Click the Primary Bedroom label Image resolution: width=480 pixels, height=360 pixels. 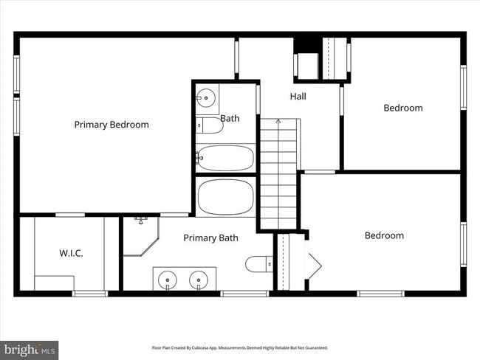click(x=112, y=125)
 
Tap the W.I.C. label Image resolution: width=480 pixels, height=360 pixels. click(x=71, y=253)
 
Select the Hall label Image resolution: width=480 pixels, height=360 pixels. click(x=298, y=97)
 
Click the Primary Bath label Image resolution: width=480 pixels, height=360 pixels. click(x=210, y=238)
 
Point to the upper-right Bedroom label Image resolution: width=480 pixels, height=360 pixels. click(x=403, y=108)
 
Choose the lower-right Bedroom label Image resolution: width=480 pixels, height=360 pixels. click(x=384, y=235)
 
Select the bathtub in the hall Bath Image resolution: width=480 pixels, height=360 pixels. click(x=225, y=157)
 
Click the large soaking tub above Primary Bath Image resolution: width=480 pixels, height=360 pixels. click(x=225, y=197)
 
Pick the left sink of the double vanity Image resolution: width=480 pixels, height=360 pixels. click(x=168, y=280)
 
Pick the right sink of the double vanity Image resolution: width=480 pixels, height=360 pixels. click(x=199, y=280)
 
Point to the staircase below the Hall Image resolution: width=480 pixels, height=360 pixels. click(x=278, y=173)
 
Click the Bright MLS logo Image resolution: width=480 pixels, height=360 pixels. click(x=30, y=349)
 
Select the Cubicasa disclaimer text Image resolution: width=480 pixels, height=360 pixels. click(x=239, y=347)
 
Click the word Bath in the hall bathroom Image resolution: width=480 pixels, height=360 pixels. click(x=230, y=118)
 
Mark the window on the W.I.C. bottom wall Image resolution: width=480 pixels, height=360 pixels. click(x=90, y=294)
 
